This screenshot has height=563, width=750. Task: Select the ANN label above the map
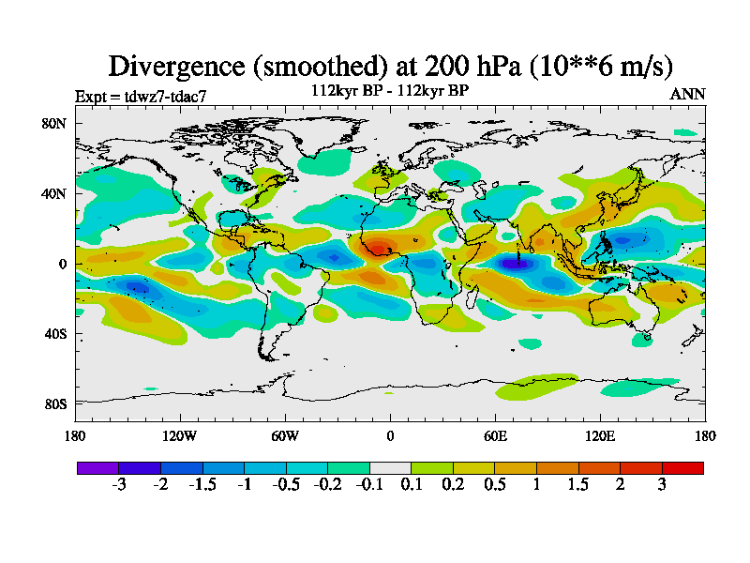point(687,95)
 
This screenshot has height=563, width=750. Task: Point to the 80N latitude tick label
point(54,123)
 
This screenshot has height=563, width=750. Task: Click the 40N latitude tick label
point(54,193)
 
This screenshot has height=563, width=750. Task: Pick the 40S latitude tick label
point(54,334)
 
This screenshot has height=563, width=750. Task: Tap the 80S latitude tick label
point(54,404)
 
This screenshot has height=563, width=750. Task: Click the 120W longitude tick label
point(180,435)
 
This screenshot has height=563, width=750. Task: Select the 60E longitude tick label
point(495,435)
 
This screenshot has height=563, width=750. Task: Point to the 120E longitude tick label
point(600,435)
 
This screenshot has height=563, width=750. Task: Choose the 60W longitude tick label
point(285,435)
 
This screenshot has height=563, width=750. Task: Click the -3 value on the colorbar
point(119,484)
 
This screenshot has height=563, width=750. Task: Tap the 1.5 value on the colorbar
point(578,484)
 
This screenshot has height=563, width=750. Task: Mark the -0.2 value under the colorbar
point(327,484)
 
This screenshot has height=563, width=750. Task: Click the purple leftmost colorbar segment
point(97,467)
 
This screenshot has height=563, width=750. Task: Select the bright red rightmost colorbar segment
point(682,467)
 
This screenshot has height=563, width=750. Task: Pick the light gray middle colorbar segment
point(390,467)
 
